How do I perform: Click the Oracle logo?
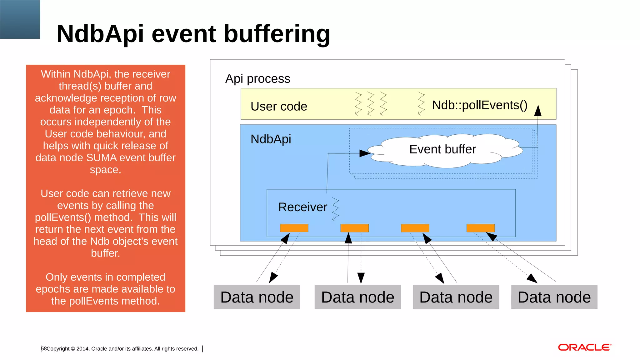click(x=584, y=347)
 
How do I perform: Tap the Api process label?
click(x=257, y=79)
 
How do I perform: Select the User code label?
click(x=279, y=106)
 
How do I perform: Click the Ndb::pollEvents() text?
click(x=479, y=105)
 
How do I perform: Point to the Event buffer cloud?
click(x=442, y=150)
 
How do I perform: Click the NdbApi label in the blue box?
click(x=271, y=139)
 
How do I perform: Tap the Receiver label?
click(x=302, y=207)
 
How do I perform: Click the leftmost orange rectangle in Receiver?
click(x=294, y=228)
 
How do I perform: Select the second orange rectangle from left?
click(x=354, y=228)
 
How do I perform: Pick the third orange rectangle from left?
click(x=415, y=228)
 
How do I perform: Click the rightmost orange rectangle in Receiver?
click(x=480, y=228)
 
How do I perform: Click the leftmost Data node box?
click(x=257, y=297)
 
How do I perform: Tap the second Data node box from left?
click(x=357, y=297)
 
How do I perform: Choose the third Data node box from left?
click(x=456, y=297)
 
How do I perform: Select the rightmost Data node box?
click(x=554, y=297)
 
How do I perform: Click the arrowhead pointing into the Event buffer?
click(x=365, y=153)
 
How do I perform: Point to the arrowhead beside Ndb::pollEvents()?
click(x=537, y=111)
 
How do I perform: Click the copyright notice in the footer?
click(x=122, y=349)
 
